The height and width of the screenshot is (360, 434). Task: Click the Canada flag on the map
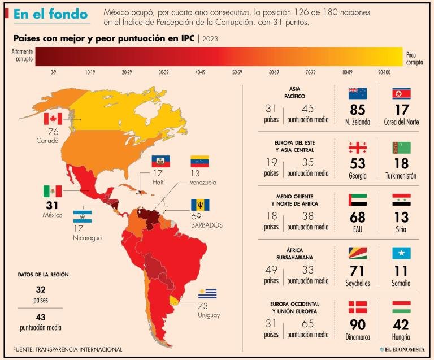coord(52,119)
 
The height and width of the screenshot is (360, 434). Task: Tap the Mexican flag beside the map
coord(52,191)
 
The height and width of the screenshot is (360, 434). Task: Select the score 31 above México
coord(52,205)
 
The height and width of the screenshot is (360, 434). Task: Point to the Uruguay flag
coord(207,294)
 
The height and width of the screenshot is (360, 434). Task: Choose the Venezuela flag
coord(199,161)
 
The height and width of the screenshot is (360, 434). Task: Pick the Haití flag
coord(160,161)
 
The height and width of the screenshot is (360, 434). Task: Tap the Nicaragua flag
coord(83,217)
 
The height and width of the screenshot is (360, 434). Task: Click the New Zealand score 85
coord(358,109)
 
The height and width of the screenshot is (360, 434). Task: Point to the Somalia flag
coord(401,253)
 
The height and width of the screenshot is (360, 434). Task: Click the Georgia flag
coord(358,148)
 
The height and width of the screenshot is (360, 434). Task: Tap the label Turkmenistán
coord(401,175)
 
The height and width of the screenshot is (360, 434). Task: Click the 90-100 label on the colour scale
coord(384,72)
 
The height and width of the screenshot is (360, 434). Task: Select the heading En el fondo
coord(50,14)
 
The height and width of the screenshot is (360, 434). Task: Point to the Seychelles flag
coord(358,253)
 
